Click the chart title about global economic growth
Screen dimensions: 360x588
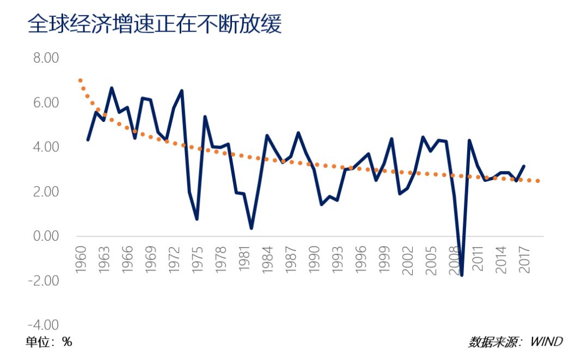[155, 25]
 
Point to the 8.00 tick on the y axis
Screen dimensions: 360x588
[46, 58]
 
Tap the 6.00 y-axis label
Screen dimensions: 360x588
[46, 103]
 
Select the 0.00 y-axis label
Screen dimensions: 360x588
[46, 236]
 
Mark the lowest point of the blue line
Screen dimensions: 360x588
[462, 275]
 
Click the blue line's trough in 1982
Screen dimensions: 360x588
[252, 228]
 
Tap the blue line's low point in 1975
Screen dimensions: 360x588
[197, 219]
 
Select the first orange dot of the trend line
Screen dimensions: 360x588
[81, 81]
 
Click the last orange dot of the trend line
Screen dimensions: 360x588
[538, 181]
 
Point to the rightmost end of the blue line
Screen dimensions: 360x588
[524, 166]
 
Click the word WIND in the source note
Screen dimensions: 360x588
[547, 342]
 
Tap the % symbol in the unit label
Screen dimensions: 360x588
[67, 342]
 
